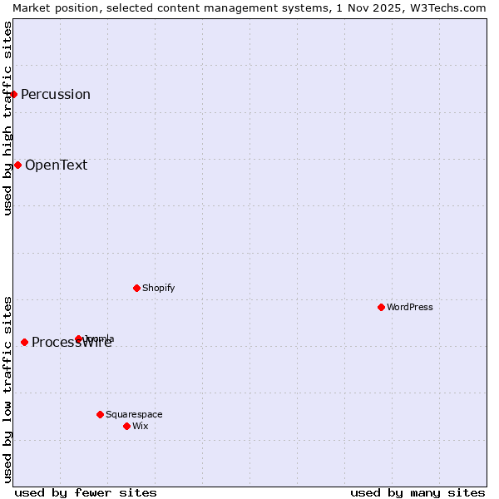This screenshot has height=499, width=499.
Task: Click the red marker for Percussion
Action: point(13,94)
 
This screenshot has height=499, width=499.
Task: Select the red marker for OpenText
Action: point(17,165)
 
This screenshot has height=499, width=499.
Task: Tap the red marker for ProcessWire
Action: point(24,342)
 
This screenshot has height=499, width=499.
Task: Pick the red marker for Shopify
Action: point(136,288)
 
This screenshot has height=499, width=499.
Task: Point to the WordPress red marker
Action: point(381,307)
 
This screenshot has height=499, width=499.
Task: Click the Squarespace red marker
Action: point(100,414)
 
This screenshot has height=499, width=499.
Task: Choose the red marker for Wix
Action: point(126,426)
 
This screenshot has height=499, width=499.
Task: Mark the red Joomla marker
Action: point(79,338)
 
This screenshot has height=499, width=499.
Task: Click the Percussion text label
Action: point(56,94)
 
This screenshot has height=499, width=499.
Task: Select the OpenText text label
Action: point(56,165)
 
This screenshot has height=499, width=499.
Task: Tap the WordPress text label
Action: point(410,307)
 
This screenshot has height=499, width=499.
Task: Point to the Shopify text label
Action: point(158,288)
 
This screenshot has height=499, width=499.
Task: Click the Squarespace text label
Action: point(134,414)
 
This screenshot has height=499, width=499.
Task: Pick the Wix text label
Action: point(141,426)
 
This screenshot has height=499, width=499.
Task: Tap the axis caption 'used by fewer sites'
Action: point(86,492)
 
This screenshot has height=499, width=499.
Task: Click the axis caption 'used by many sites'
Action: point(417,492)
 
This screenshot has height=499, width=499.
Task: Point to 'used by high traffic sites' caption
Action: point(7,118)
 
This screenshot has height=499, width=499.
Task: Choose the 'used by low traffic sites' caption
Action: point(7,388)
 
